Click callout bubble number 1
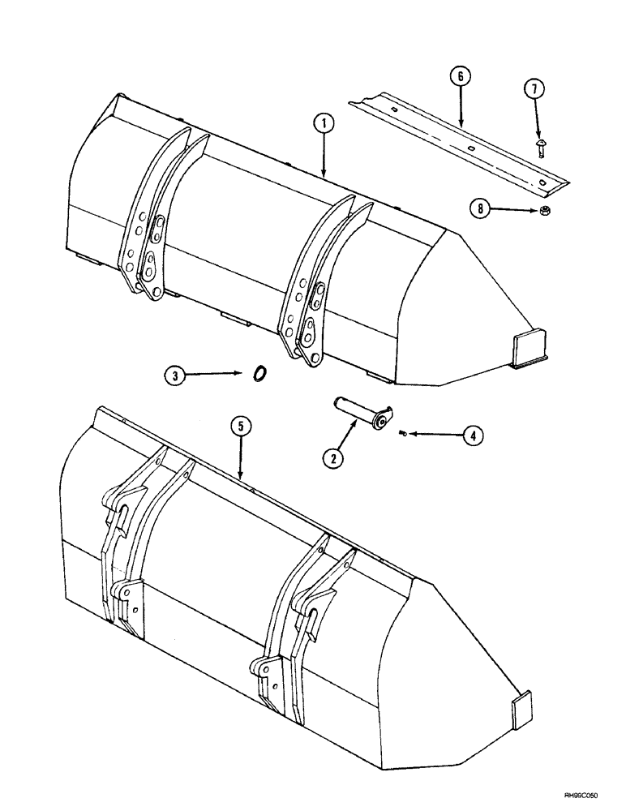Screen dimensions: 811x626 pos(323,123)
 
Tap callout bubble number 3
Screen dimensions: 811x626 pos(173,375)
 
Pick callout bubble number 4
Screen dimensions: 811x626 pos(473,436)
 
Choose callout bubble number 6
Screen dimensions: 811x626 pos(460,77)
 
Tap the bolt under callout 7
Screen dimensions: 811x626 pos(540,146)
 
